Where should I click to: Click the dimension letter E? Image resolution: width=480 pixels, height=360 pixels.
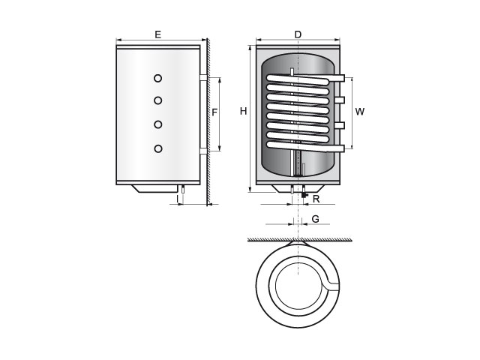pos(157,34)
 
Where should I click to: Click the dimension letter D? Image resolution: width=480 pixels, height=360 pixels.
pos(298,34)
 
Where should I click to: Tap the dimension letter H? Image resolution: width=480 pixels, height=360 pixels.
pos(243,111)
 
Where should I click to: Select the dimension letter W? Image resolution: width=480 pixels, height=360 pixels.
pos(360,112)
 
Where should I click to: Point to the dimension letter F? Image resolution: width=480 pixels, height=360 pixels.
pos(214,112)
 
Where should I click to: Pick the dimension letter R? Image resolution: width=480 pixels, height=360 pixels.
pos(316,199)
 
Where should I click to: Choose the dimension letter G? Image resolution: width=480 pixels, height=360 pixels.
pos(315,219)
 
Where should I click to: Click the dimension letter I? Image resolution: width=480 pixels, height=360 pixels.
pos(177,199)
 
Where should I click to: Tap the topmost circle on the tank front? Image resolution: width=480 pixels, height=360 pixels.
pos(157,78)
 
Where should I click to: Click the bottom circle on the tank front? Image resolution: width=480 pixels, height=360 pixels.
pos(158,148)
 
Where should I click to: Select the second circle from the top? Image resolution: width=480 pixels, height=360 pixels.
pos(158,100)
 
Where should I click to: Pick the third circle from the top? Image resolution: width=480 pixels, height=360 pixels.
pos(158,124)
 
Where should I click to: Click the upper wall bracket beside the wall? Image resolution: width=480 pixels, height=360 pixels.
pos(203,78)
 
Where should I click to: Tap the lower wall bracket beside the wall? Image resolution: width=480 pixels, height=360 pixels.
pos(203,151)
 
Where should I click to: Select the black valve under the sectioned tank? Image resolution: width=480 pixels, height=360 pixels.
pos(304,193)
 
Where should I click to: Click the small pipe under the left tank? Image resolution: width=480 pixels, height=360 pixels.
pos(183,189)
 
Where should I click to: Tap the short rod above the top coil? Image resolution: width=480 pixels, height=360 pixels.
pos(292,71)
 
